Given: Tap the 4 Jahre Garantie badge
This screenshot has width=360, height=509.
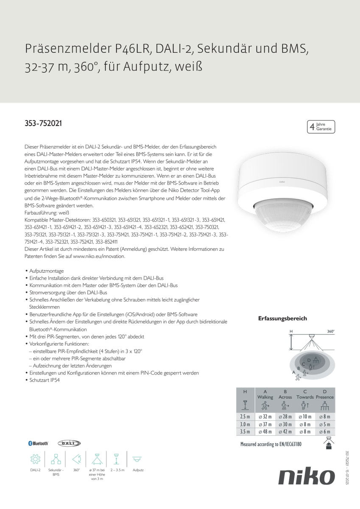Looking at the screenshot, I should (321, 127).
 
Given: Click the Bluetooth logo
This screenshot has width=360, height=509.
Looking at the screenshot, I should (38, 443).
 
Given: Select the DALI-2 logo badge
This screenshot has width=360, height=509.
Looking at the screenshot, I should (69, 443).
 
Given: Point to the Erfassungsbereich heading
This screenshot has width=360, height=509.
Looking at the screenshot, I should (282, 319).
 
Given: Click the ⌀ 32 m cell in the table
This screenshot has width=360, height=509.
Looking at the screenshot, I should (265, 417).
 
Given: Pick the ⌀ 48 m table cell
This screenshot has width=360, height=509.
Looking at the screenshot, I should (265, 431).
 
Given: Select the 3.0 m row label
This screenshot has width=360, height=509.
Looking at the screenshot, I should (245, 424).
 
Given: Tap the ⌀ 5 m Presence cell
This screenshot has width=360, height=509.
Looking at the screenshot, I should (324, 424).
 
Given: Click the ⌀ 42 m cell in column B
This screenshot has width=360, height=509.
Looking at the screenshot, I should (285, 431).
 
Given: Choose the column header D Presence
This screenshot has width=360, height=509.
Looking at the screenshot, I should (324, 394).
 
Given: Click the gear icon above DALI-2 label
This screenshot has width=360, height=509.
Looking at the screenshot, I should (35, 459).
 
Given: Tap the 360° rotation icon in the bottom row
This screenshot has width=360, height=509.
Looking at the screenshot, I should (77, 459).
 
